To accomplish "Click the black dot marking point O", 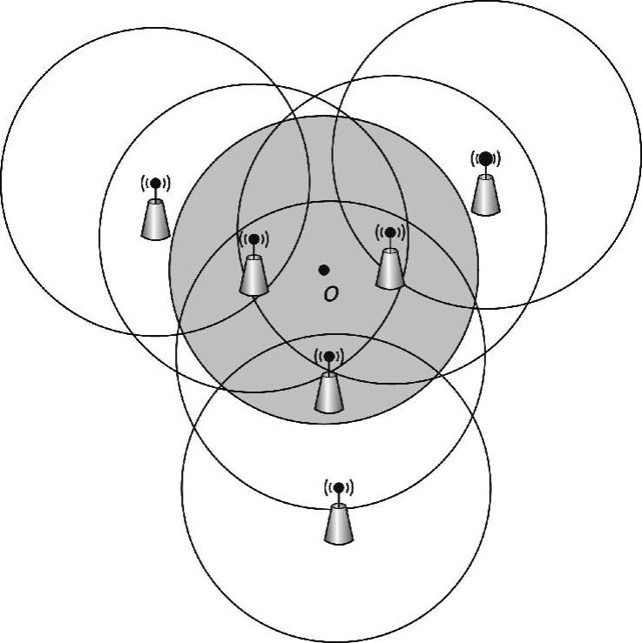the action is coord(324,271).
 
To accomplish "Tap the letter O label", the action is coord(330,294).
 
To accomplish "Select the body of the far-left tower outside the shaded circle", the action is coord(155,219).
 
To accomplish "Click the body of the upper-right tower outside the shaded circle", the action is coord(485,195).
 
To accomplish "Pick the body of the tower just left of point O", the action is coord(253,275).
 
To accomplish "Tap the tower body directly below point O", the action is coord(328,392).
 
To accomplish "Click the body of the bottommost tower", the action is coord(339,523).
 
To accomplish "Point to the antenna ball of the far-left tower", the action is coord(155,184).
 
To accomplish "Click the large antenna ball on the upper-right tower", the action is coord(486,158).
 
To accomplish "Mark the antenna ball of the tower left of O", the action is coord(253,238).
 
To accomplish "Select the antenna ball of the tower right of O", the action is coord(389,232).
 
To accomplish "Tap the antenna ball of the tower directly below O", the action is coord(328,356).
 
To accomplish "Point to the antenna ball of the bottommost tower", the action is coord(339,487).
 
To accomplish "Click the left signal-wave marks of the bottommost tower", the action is coord(327,487).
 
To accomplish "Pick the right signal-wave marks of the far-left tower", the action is coord(166,184).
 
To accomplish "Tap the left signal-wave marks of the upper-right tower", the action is coord(473,159).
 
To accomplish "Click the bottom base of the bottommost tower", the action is coord(339,541).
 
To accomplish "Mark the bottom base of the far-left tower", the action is coord(155,236).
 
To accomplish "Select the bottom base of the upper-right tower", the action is coord(485,211).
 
